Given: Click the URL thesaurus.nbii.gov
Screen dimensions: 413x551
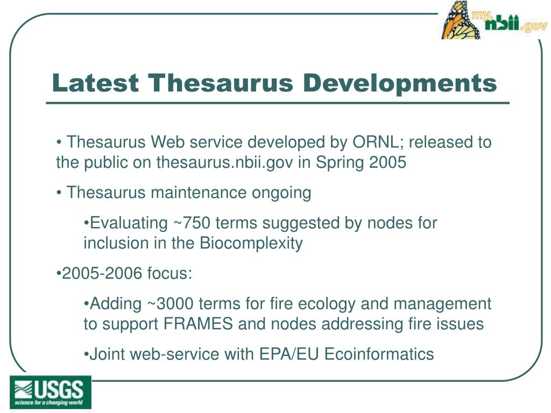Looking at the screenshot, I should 225,162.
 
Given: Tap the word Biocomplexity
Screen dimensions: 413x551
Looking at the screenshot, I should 251,243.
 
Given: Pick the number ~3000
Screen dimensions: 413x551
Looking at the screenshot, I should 170,304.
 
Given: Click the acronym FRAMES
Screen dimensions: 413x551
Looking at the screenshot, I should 196,324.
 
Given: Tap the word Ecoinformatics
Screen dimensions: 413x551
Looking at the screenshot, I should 379,354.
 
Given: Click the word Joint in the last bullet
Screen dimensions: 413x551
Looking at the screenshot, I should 108,354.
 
